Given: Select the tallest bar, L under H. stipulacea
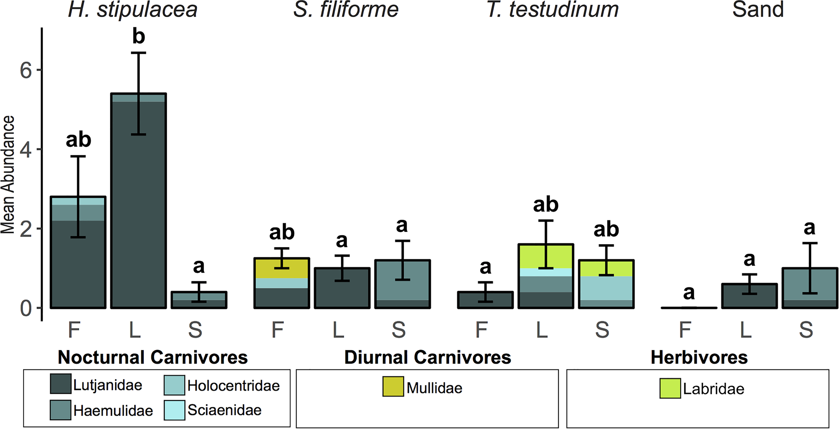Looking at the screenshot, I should (x=138, y=201).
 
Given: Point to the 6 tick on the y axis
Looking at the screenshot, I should (x=26, y=70).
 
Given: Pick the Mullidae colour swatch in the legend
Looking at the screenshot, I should (x=393, y=386).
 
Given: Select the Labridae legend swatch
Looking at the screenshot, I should (x=670, y=388).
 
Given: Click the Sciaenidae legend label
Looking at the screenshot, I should (x=224, y=410).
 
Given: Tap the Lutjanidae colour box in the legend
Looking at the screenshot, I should (x=60, y=384).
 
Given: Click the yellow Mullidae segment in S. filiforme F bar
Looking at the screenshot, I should (x=282, y=268).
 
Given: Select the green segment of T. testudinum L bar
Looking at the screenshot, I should (x=546, y=256).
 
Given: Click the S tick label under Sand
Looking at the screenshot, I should (x=806, y=330).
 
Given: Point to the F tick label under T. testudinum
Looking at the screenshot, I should (x=481, y=330).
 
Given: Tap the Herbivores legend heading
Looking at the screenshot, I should (x=699, y=357).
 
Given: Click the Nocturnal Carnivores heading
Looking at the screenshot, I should (x=153, y=357).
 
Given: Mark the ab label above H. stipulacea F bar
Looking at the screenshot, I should (x=78, y=140).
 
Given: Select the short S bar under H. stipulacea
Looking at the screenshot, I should (x=199, y=300).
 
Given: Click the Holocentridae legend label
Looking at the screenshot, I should (x=233, y=386).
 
